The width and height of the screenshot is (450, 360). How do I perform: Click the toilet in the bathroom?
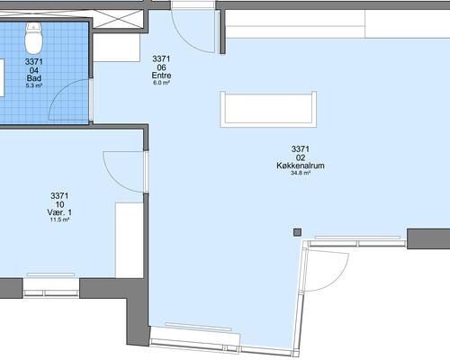33,38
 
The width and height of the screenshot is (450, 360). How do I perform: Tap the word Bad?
34,78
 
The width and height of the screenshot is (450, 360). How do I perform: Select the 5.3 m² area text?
34,85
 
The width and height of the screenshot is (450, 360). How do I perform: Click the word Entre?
161,76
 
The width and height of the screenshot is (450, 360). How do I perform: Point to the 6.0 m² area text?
161,83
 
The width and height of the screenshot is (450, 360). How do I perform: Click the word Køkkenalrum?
301,166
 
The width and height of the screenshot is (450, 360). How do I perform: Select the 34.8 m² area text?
301,173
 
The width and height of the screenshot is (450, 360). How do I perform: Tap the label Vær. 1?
59,212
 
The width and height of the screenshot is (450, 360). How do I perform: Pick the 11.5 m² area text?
59,220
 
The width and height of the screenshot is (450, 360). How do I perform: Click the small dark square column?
297,232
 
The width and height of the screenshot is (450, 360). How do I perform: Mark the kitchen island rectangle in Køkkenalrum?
268,109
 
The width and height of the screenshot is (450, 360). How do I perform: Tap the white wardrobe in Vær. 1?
130,240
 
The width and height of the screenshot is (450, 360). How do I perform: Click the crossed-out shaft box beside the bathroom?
118,19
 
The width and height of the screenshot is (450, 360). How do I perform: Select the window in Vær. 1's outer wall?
50,288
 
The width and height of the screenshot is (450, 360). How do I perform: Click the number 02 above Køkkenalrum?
301,157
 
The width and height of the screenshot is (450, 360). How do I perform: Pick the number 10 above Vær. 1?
59,204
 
